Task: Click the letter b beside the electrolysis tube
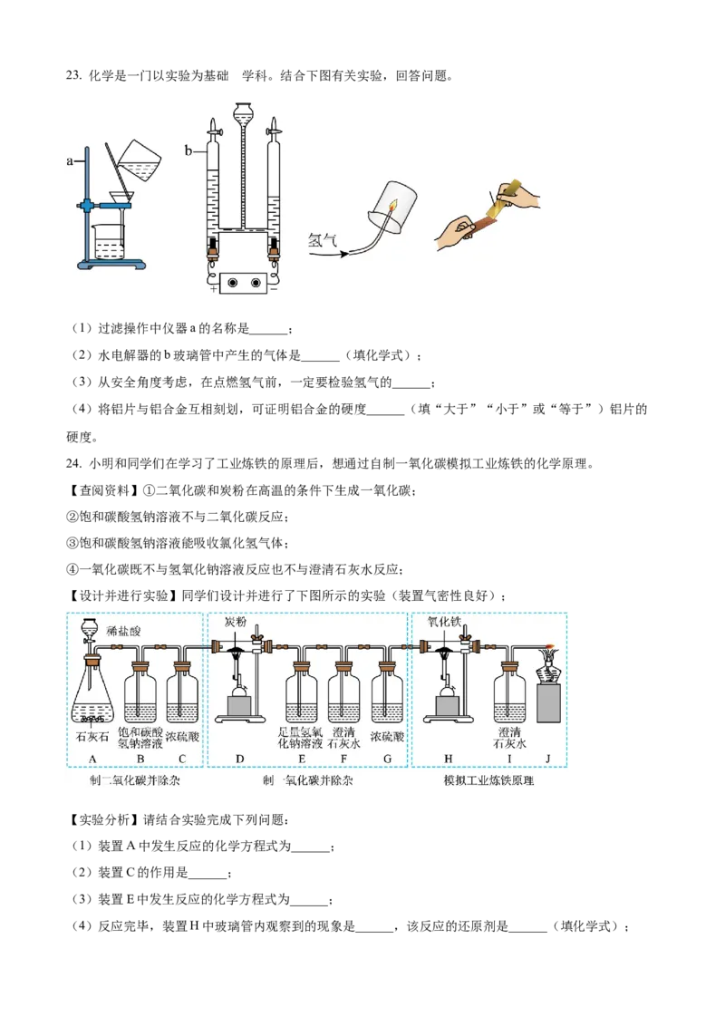click(x=188, y=151)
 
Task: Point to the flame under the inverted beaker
click(x=392, y=206)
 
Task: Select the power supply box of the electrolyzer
click(x=243, y=283)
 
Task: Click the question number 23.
click(x=73, y=76)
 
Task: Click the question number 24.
click(x=73, y=463)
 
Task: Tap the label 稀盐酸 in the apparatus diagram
click(x=123, y=631)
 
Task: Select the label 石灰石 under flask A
click(x=92, y=737)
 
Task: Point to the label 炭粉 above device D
click(x=236, y=621)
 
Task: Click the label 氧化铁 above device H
click(x=444, y=621)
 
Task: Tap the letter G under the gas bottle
click(x=387, y=759)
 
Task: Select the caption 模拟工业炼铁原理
click(x=488, y=780)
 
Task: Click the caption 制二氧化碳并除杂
click(x=135, y=780)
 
